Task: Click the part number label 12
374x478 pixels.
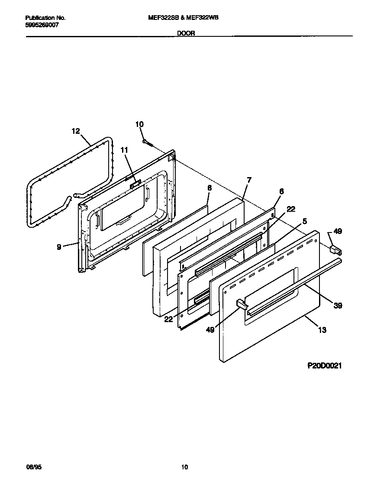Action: (76, 131)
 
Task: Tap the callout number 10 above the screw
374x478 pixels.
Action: (139, 124)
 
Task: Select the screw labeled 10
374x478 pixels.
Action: (147, 141)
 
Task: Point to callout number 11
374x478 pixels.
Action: (125, 150)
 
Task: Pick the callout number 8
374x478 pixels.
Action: (210, 188)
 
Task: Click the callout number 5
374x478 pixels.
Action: (305, 221)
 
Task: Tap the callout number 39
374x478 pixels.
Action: (338, 306)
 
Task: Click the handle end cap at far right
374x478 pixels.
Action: (335, 249)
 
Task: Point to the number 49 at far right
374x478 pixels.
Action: (338, 231)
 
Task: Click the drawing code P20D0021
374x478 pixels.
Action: (325, 365)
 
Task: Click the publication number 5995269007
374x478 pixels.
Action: (42, 25)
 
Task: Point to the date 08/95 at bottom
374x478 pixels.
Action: (35, 467)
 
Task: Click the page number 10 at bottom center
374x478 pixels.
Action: (185, 467)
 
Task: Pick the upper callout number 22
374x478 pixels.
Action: (291, 209)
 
